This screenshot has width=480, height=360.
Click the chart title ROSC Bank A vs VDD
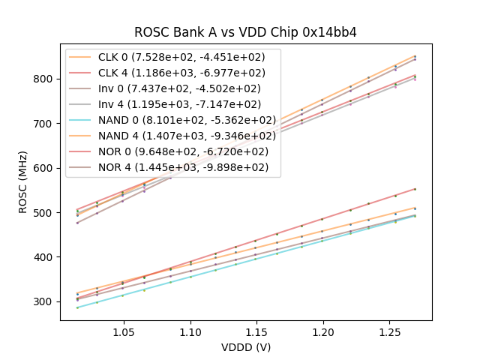tap(245, 32)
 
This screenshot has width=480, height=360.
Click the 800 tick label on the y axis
tap(46, 79)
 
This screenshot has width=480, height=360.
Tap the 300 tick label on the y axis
tap(46, 301)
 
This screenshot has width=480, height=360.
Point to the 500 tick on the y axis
tap(46, 212)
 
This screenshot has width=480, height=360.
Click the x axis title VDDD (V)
tap(245, 347)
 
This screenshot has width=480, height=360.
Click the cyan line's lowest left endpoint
tap(77, 307)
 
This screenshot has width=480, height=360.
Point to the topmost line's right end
tap(415, 55)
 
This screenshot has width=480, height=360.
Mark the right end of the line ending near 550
tap(415, 189)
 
